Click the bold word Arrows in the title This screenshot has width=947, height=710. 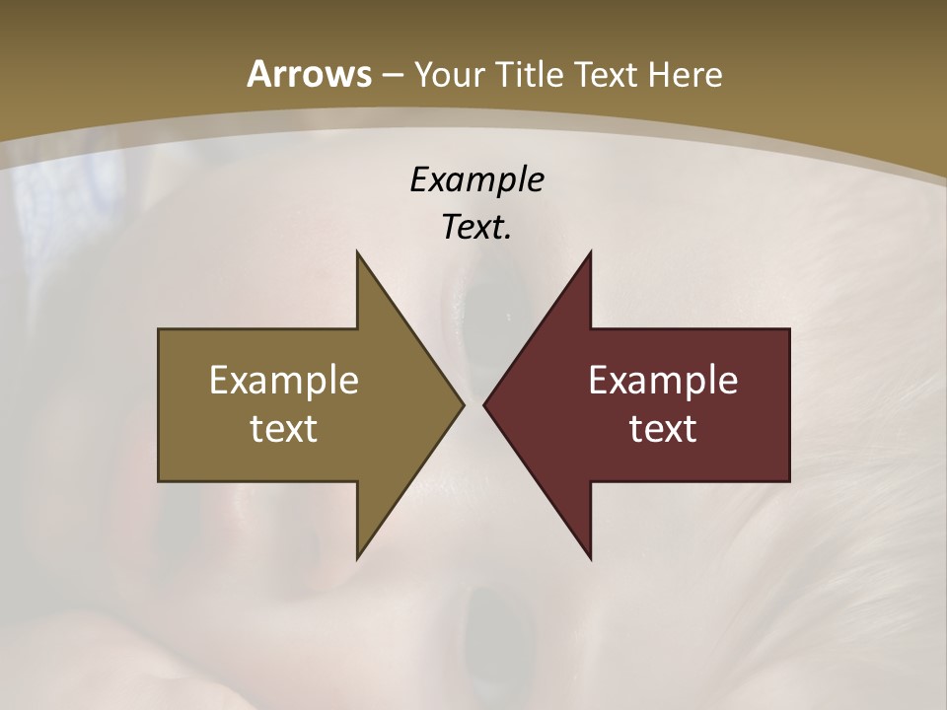[x=309, y=74]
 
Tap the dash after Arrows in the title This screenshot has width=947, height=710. [x=392, y=74]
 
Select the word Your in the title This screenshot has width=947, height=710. [x=447, y=75]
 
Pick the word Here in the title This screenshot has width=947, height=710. [x=686, y=74]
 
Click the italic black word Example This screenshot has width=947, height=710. [x=476, y=179]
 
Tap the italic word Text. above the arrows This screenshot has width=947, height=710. [x=476, y=227]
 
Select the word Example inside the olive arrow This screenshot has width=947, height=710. [x=284, y=381]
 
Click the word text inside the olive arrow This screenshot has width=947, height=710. [x=284, y=428]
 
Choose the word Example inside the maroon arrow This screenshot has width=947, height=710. [x=663, y=381]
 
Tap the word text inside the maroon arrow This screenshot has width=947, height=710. [x=663, y=428]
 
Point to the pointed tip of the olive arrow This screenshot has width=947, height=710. [x=463, y=404]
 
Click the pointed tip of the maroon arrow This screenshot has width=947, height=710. [x=484, y=404]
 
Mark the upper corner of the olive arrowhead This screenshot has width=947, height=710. [x=357, y=252]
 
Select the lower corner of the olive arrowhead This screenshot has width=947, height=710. [x=357, y=557]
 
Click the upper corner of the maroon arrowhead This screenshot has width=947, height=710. [x=590, y=252]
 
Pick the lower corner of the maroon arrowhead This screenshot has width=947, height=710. [x=590, y=557]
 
